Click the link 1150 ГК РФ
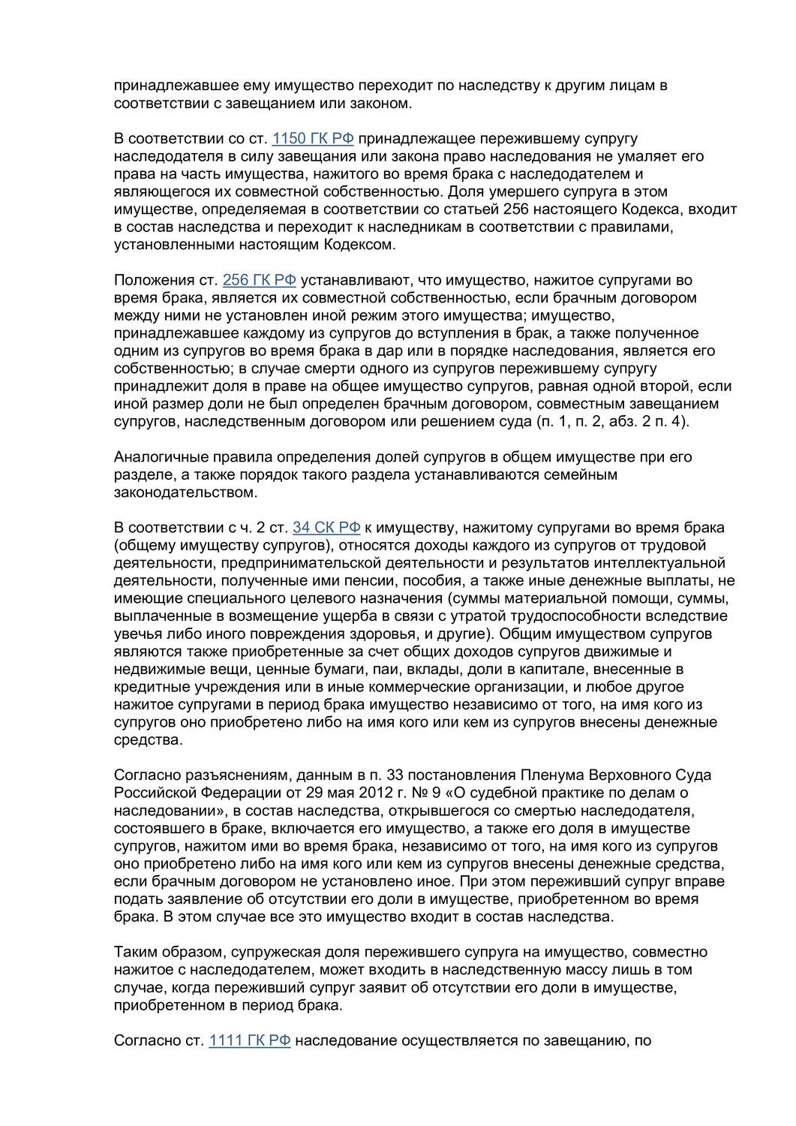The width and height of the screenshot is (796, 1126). [312, 139]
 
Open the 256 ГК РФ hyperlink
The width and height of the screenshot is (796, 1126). [259, 280]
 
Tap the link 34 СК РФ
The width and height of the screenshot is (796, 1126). [326, 528]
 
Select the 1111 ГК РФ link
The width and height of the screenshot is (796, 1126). [249, 1040]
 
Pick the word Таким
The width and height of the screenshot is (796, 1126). [133, 952]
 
